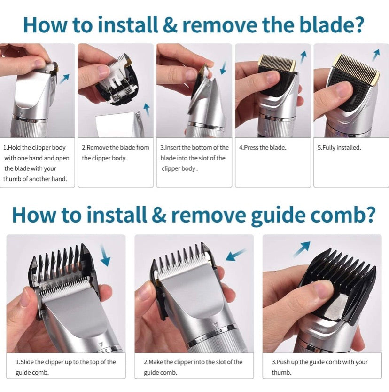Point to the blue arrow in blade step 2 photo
146,110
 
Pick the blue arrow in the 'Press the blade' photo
303,57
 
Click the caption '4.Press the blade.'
263,147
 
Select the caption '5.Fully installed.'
339,147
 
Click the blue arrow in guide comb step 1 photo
104,258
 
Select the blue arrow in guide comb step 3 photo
301,248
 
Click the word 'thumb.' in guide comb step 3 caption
281,372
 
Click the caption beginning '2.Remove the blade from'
116,152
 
